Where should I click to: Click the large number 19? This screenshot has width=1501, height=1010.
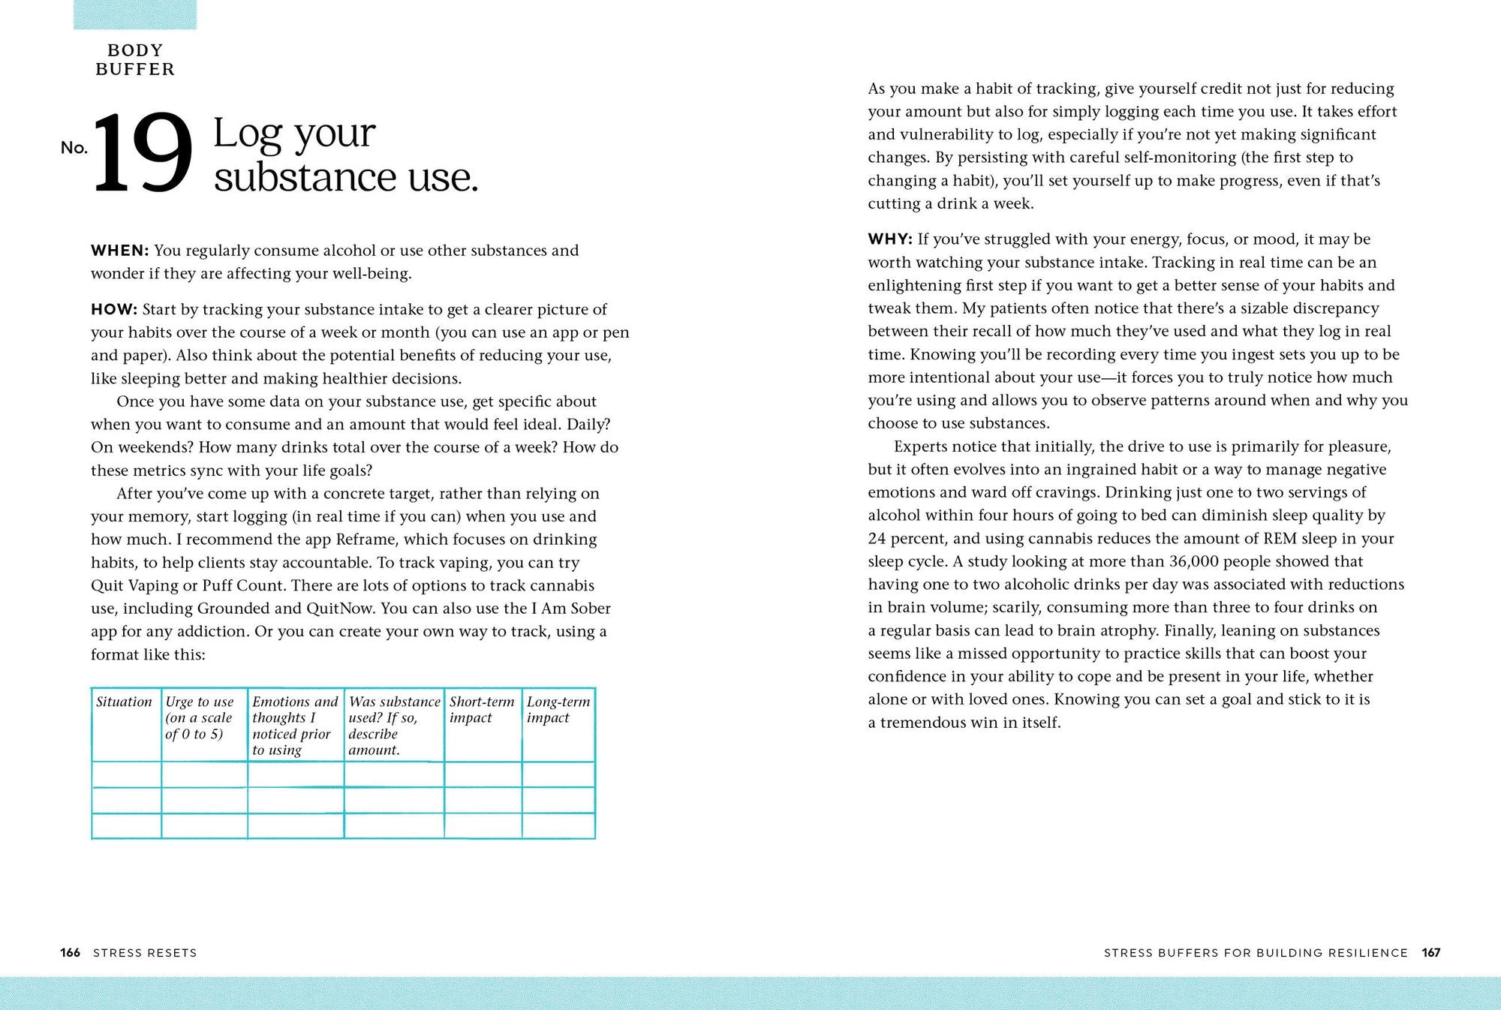coord(142,152)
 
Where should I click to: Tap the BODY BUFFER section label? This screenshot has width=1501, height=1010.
coord(135,60)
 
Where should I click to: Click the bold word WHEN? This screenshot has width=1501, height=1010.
coord(120,251)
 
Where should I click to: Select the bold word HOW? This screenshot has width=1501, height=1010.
coord(114,310)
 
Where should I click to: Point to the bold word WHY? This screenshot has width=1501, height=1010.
coord(890,239)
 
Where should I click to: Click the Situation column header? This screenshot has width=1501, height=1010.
coord(124,702)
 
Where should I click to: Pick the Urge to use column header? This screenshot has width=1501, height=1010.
coord(200,717)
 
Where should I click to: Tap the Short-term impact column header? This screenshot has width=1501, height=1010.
coord(482,709)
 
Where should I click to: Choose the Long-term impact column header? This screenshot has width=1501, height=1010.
coord(558,709)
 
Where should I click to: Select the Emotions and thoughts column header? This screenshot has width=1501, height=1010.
coord(295,725)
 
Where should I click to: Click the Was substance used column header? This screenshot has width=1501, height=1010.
coord(394,725)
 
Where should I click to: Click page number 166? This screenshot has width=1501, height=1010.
coord(71,953)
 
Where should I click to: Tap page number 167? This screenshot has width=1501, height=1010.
coord(1430,953)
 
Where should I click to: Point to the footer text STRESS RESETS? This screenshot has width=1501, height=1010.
coord(145,953)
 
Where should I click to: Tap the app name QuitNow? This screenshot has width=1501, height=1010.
coord(340,609)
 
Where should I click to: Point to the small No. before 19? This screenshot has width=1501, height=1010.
coord(74,148)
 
